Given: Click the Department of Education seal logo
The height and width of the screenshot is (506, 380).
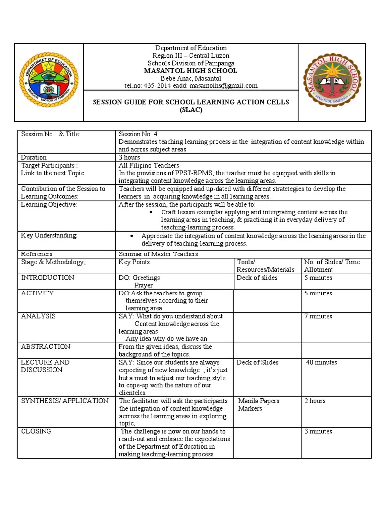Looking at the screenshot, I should point(49,82).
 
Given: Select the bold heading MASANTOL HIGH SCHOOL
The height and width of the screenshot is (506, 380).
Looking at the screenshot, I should point(190,71).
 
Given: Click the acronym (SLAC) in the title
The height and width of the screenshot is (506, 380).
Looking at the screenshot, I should point(190,110).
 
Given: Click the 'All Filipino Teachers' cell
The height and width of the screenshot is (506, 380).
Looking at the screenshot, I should point(149,165).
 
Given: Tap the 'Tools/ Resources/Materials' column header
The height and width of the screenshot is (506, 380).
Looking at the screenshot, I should point(266,266).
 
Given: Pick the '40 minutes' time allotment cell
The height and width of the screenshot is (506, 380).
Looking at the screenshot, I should point(322,362).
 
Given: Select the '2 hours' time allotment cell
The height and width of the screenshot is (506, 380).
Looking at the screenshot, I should point(315,401).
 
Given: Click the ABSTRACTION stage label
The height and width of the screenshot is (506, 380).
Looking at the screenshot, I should point(46,347).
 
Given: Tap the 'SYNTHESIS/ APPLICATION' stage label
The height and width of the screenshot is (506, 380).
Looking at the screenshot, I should point(65,401).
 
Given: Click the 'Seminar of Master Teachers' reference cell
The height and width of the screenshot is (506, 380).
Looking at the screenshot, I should point(158,254).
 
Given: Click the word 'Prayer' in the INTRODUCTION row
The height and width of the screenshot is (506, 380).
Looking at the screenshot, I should point(143,285).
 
